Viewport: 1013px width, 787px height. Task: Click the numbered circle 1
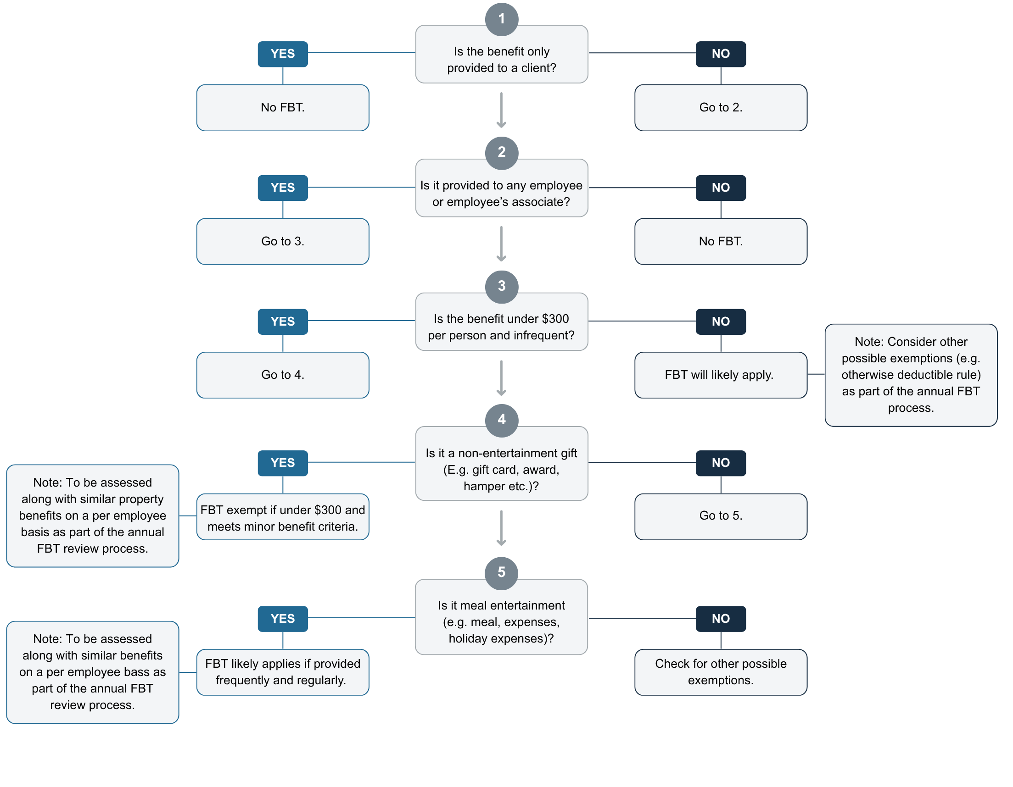coord(501,19)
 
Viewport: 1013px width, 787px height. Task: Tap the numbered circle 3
coord(501,287)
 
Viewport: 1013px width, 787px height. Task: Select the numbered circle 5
coord(501,573)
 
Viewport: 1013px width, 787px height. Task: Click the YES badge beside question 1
coord(282,54)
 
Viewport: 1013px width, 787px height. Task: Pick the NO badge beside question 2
coord(720,188)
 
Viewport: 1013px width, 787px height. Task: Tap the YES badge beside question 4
coord(282,463)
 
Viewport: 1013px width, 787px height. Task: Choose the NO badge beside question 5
coord(720,618)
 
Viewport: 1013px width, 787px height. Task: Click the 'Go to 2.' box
coord(720,107)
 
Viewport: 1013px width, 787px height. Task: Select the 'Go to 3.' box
coord(282,242)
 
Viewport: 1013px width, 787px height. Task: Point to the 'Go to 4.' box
coord(282,375)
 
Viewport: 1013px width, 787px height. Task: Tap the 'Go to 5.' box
coord(720,516)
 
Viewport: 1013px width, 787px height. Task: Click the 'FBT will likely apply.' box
coord(720,375)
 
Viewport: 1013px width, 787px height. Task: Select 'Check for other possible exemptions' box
coord(720,672)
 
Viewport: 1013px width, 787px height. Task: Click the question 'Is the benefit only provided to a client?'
coord(501,59)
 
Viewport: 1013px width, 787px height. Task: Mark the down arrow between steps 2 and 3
coord(501,244)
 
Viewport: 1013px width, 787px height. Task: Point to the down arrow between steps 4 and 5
coord(501,528)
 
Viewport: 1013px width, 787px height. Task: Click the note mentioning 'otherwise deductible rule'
coord(911,375)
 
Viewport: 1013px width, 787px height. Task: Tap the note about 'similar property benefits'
coord(92,515)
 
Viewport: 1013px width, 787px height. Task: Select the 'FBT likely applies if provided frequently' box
coord(282,672)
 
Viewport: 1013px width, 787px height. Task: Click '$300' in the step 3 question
coord(555,319)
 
